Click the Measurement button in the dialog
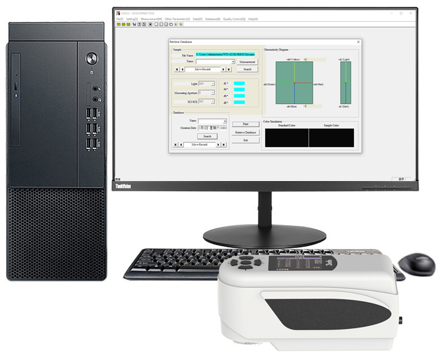[247, 62]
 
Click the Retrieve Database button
[245, 132]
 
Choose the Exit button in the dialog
[245, 140]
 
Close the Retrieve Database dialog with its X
[358, 42]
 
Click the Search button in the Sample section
[247, 69]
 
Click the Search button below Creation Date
[207, 136]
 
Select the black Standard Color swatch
[286, 138]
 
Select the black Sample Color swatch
[331, 138]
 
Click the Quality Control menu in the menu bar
[234, 19]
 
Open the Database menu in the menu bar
[213, 19]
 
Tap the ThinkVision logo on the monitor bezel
[123, 186]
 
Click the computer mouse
[416, 263]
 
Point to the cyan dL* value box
[239, 84]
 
